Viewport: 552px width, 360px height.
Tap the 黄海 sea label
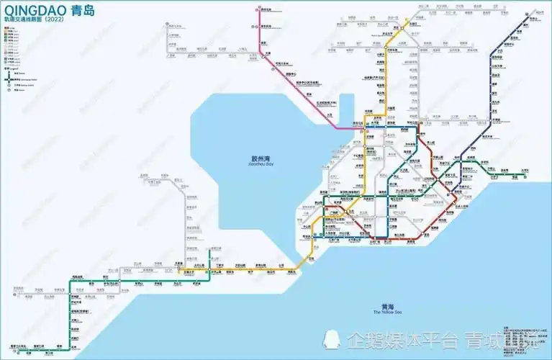click(x=388, y=306)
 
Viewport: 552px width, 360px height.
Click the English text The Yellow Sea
click(x=388, y=312)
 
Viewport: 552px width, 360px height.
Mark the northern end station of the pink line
click(x=258, y=9)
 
